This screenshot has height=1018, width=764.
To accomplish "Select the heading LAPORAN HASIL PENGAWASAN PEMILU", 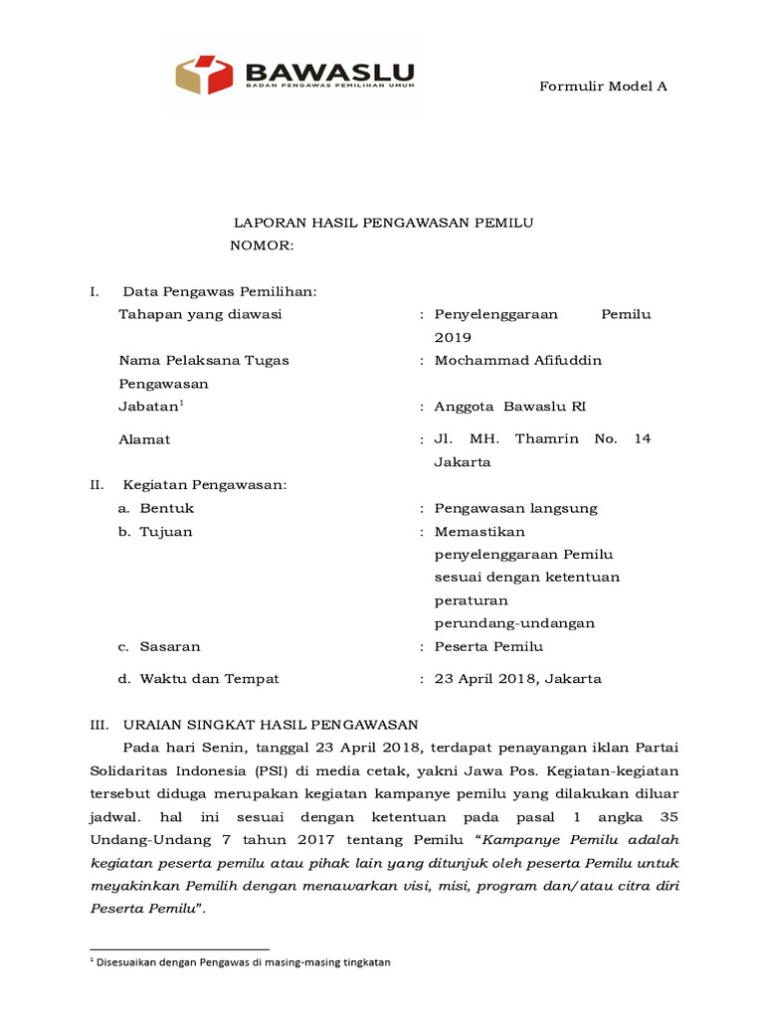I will pos(383,223).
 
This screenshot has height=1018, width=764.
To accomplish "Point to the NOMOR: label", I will pos(262,245).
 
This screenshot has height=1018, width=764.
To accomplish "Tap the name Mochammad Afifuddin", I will pos(517,360).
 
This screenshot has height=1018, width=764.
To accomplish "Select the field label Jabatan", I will pos(149,406).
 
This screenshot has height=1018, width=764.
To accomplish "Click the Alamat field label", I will pos(144,439).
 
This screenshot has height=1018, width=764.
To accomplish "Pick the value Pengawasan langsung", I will pos(515,508).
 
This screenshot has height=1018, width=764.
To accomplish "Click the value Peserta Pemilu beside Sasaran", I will pos(488,646).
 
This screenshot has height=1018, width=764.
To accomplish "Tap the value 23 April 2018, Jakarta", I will pos(517,679).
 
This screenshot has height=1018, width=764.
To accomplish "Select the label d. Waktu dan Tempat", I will pos(198,679).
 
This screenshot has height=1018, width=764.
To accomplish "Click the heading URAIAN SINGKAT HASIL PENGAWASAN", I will pos(270,725).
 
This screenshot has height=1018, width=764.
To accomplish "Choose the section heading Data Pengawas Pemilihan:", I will pos(219,291).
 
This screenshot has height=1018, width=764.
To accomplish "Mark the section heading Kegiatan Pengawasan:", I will pos(204,484).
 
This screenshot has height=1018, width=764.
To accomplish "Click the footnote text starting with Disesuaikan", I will pos(244,962).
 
